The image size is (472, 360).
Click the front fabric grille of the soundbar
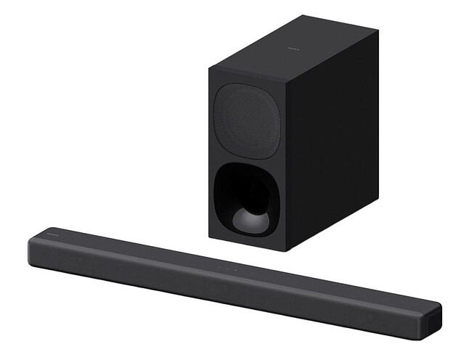[218, 290]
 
